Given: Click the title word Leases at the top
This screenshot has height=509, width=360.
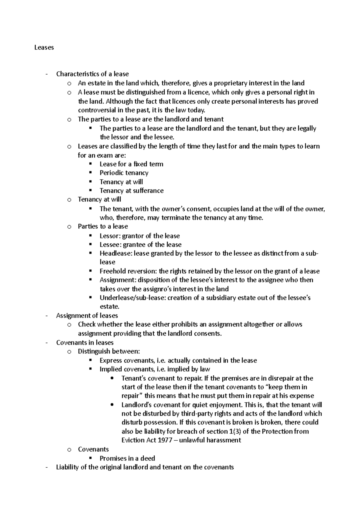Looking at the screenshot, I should (44, 47).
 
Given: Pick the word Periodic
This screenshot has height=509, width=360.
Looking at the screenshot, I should (111, 173).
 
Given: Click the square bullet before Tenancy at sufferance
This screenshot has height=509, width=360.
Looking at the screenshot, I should (90, 190).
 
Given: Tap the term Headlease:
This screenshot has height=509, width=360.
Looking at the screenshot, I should (116, 253).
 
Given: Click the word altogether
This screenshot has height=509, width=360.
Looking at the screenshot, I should (258, 324).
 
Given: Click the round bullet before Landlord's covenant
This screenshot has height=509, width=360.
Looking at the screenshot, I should (112, 405).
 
